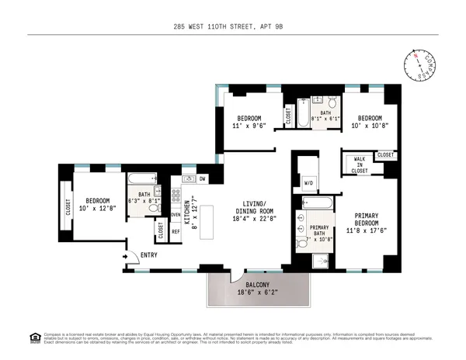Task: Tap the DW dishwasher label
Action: click(202, 178)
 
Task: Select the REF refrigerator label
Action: click(176, 230)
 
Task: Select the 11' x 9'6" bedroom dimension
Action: click(249, 126)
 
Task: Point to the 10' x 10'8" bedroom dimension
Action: click(369, 124)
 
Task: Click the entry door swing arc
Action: click(133, 255)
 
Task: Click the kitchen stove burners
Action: click(176, 195)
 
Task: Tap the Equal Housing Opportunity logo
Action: click(34, 337)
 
